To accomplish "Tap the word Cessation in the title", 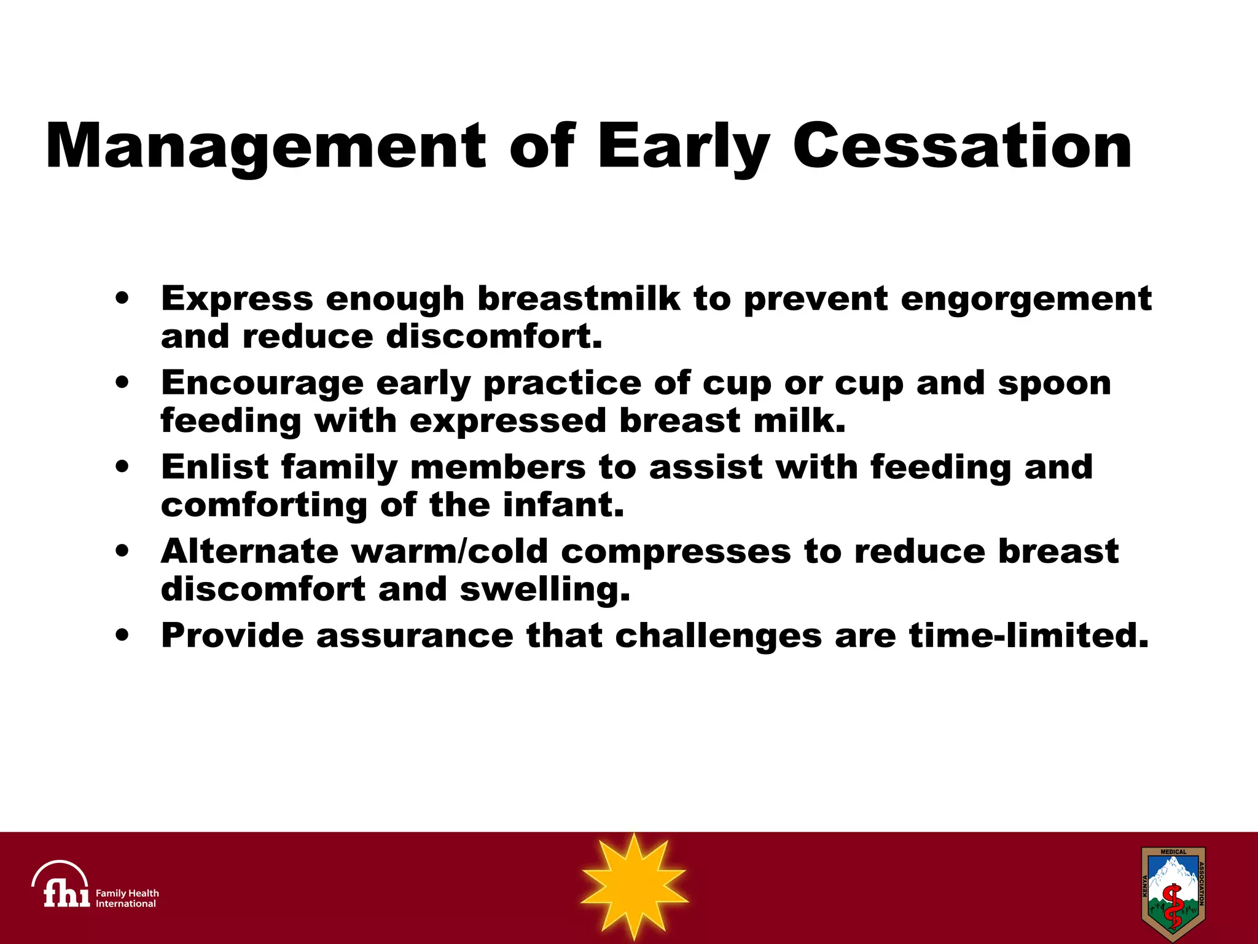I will [962, 146].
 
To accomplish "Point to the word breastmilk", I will [579, 299].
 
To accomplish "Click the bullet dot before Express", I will [122, 298].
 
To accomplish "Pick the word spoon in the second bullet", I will [1054, 383].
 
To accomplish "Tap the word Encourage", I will [262, 383].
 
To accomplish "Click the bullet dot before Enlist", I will [122, 466].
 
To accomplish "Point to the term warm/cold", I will [449, 551].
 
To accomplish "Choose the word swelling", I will [545, 590].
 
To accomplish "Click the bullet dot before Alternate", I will [122, 551].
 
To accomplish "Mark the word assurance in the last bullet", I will [415, 635].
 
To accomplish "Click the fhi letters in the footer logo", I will [66, 892].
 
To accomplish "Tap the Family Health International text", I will [127, 898].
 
